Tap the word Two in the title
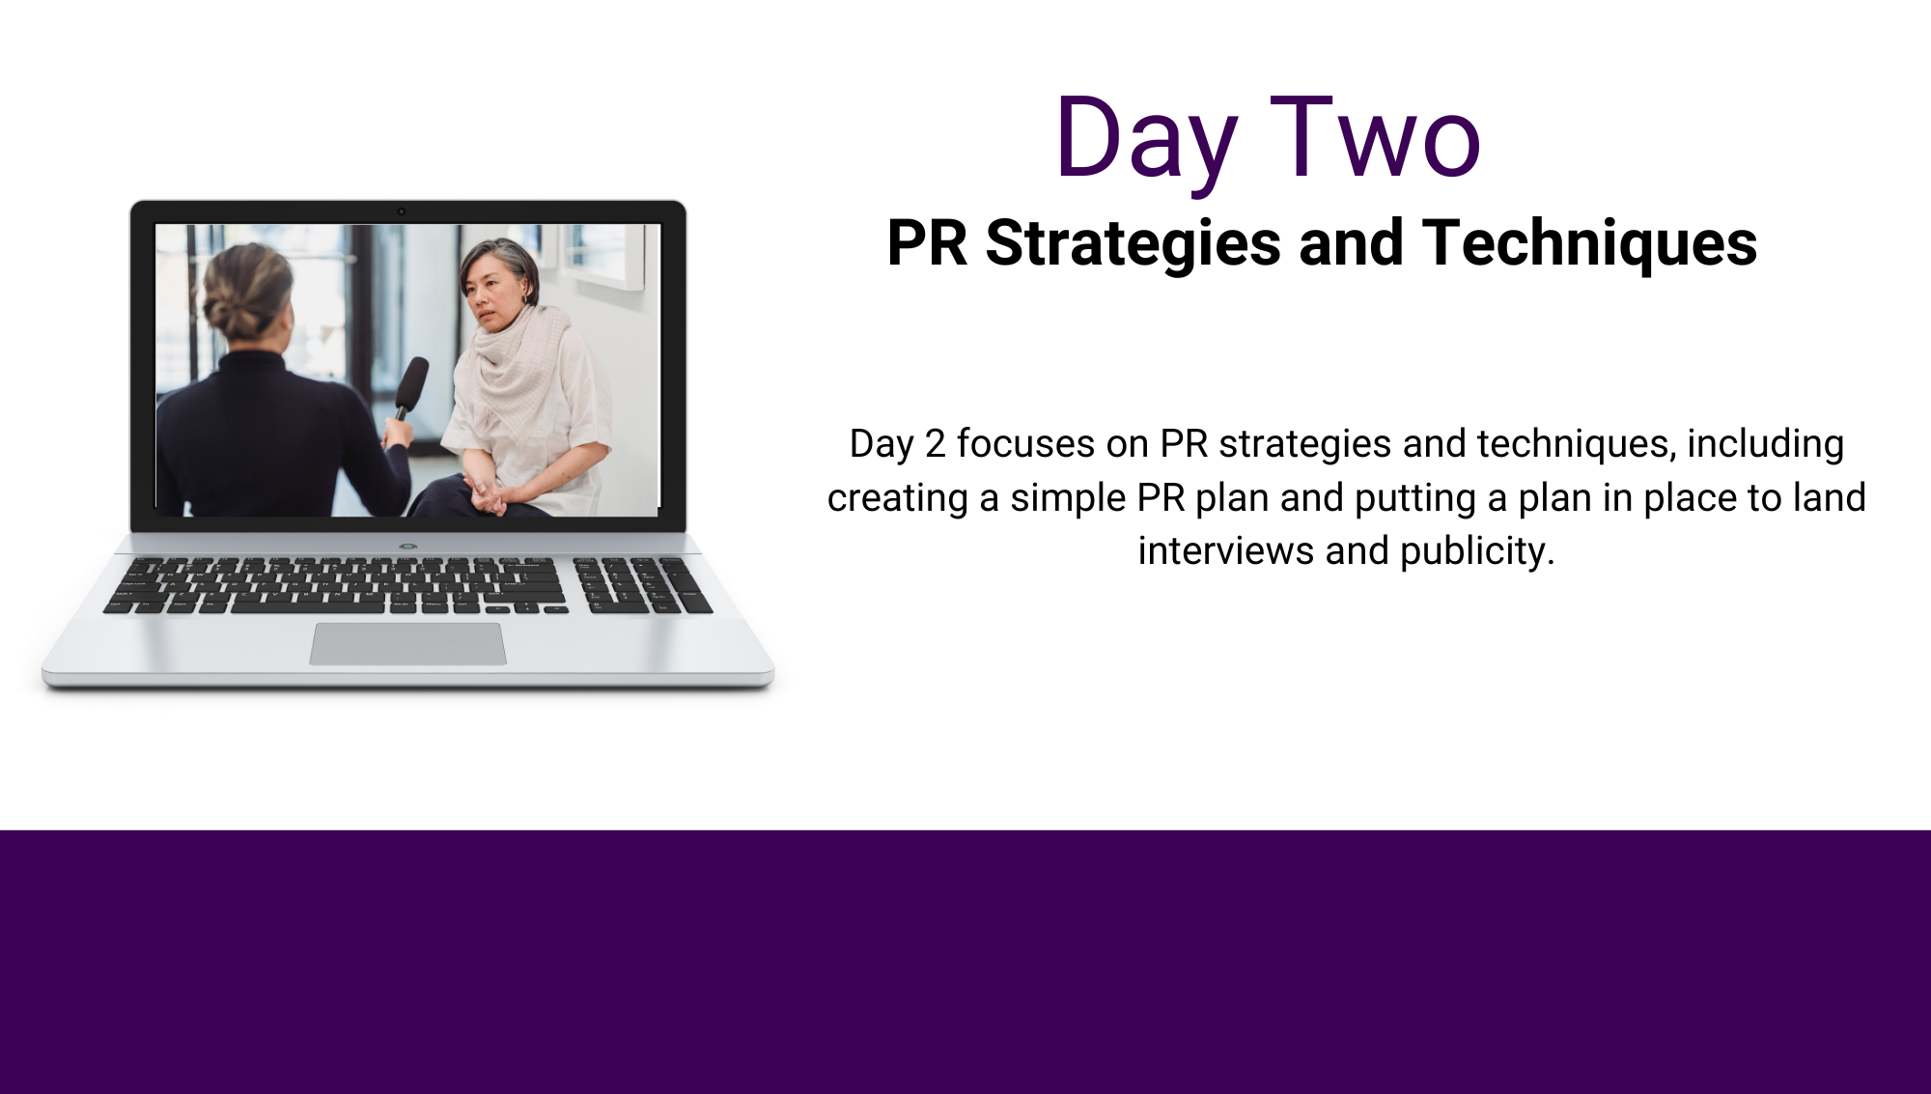coord(1376,137)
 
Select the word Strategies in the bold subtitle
coord(1133,243)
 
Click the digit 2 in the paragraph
coord(935,444)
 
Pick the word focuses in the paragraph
coord(1025,444)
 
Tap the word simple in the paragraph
coord(1068,499)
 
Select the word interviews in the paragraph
coord(1226,551)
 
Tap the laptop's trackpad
coord(407,644)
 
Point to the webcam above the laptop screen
coord(402,211)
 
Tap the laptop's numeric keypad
coord(641,585)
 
